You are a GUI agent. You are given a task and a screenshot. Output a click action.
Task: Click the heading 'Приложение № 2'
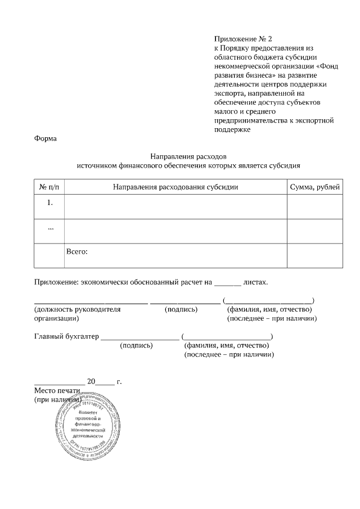(242, 39)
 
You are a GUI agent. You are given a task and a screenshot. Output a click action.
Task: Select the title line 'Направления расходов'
(188, 156)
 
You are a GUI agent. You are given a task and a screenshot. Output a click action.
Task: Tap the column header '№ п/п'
(49, 187)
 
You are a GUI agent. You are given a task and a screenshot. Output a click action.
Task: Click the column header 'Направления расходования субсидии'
(175, 187)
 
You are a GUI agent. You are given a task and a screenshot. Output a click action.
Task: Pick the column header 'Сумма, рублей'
(314, 187)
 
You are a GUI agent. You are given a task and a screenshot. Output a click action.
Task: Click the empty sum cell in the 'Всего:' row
(314, 255)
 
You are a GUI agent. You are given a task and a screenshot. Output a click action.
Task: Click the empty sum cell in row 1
(314, 206)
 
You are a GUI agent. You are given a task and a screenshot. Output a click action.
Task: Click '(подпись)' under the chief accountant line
(136, 345)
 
